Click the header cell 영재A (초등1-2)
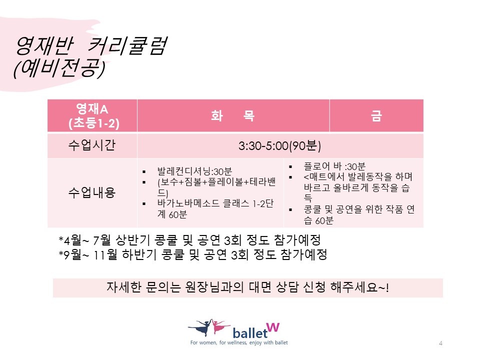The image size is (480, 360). tap(92, 115)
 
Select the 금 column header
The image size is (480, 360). tap(376, 115)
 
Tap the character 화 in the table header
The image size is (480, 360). tap(217, 115)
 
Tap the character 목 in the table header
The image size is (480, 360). tap(248, 115)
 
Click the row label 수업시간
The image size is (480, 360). tap(92, 145)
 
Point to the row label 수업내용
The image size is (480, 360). tap(92, 192)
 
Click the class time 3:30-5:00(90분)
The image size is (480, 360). tap(280, 145)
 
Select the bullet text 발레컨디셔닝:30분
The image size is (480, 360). tap(194, 171)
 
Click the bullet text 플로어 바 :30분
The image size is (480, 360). tap(334, 166)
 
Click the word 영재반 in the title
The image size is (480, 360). tap(44, 46)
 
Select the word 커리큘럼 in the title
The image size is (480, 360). tap(127, 46)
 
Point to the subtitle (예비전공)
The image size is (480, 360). tap(59, 68)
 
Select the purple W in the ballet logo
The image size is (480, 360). tap(273, 327)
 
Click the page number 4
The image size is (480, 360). tap(440, 343)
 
